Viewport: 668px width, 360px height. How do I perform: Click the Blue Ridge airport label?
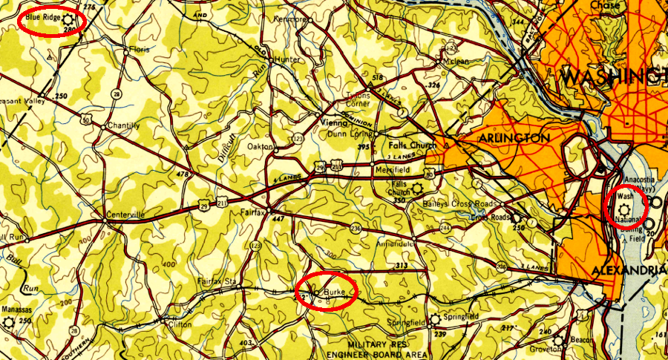(42, 15)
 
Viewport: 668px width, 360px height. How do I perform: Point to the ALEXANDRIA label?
(628, 271)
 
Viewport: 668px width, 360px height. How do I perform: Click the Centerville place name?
(124, 215)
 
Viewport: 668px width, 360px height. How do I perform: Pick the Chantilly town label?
(124, 125)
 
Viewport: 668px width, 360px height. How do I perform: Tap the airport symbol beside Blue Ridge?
(68, 18)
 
